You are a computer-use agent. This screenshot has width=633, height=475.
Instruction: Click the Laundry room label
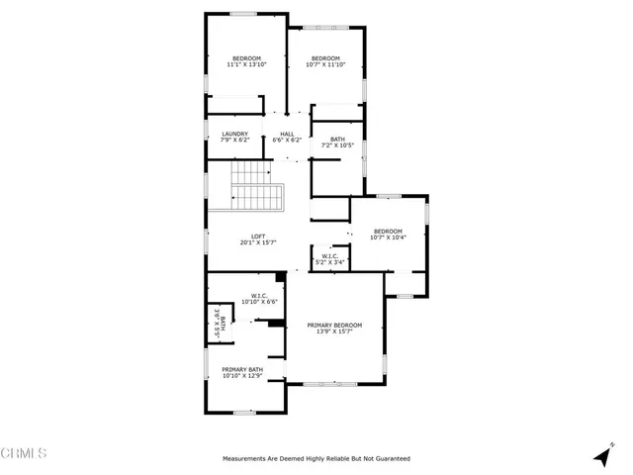coord(234,134)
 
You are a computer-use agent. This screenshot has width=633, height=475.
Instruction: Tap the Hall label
coord(287,134)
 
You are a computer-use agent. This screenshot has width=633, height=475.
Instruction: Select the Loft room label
coord(258,236)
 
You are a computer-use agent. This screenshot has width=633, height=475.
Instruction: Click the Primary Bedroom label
coord(334,326)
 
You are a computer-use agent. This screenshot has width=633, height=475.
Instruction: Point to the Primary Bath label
coord(241,368)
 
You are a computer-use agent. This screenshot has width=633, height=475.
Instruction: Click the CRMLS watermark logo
coord(24,454)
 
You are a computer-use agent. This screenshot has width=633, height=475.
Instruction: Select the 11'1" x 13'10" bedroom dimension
coord(247,64)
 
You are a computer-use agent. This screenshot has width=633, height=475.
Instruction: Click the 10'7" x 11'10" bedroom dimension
coord(324,64)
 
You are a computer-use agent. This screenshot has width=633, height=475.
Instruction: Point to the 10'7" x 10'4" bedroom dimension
coord(389,237)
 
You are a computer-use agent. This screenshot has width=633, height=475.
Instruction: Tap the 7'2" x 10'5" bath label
coord(338,145)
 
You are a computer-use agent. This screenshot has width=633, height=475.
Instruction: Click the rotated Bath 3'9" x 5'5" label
coord(217,324)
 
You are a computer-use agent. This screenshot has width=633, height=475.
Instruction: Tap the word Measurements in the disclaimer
coord(247,459)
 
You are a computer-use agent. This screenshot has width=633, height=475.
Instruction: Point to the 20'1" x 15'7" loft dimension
coord(258,242)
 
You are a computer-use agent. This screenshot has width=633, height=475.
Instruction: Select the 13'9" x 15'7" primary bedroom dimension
coord(334,332)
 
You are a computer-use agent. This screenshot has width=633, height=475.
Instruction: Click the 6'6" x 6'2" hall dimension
coord(287,141)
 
